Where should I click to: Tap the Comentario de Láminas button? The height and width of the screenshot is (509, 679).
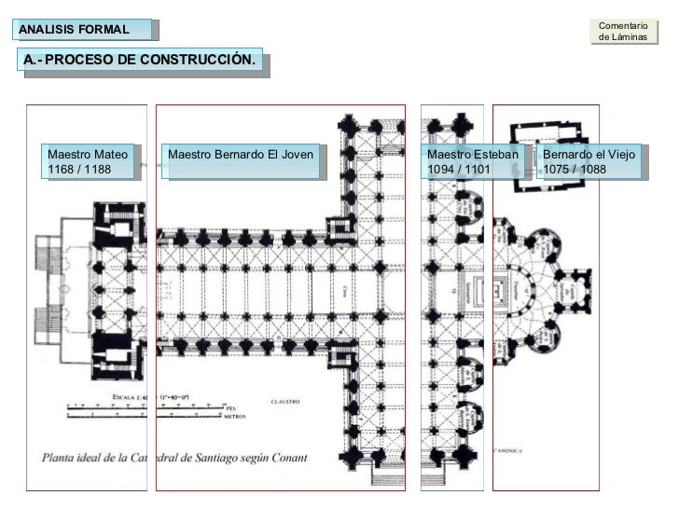pyautogui.click(x=622, y=31)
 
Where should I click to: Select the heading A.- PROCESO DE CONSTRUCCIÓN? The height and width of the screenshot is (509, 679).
pyautogui.click(x=140, y=61)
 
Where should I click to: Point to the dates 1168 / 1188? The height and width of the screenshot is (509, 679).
pyautogui.click(x=78, y=169)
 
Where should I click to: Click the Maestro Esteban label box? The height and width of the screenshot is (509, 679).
pyautogui.click(x=472, y=160)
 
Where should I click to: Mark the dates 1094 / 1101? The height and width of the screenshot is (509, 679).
pyautogui.click(x=458, y=169)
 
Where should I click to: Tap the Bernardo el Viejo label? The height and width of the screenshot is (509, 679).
pyautogui.click(x=589, y=152)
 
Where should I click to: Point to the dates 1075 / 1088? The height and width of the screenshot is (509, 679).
pyautogui.click(x=575, y=169)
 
